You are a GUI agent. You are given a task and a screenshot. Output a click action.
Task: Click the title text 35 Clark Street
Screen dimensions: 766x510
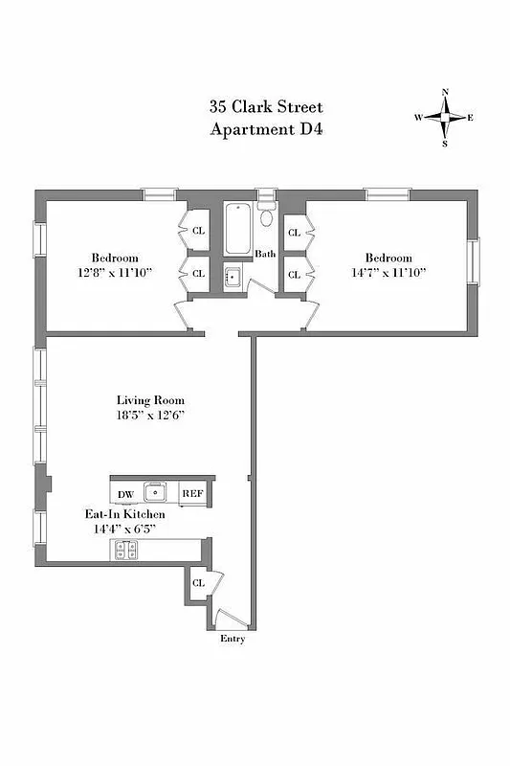point(267,107)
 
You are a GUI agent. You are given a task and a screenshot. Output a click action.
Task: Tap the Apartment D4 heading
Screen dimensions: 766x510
point(267,128)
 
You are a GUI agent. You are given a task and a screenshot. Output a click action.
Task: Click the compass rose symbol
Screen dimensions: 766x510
point(445,118)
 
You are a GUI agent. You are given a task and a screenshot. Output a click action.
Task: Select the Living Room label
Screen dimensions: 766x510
point(150,400)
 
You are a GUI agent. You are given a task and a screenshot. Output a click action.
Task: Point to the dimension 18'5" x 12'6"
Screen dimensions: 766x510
point(150,416)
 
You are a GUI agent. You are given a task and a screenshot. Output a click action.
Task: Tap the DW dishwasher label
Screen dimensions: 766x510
point(125,494)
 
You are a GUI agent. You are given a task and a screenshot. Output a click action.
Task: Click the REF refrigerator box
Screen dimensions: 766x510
point(191,493)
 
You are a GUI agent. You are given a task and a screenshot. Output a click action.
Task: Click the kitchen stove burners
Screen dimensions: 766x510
point(125,549)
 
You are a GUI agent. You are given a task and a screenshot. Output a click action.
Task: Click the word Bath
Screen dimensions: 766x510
point(265,255)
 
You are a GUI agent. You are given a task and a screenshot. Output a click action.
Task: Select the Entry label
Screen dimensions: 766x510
point(233,639)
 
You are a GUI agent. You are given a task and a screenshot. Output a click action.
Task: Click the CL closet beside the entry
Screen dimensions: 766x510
point(199,583)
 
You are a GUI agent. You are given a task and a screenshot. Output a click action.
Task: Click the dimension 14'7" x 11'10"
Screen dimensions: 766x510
point(388,273)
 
